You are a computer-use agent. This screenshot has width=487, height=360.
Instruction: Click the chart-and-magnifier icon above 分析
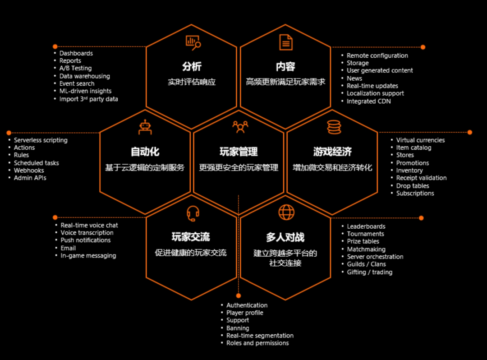click(193, 42)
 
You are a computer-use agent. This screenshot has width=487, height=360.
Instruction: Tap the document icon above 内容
click(285, 42)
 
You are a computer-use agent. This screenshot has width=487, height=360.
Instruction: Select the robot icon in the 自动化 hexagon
click(145, 128)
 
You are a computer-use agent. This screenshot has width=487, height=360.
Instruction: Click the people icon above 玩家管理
click(240, 127)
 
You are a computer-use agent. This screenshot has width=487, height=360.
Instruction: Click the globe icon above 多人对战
click(286, 212)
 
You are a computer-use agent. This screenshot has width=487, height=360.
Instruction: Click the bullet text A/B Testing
click(75, 68)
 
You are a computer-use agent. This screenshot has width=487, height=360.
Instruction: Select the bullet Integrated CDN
click(368, 102)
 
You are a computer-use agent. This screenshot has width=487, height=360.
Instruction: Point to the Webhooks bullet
click(29, 171)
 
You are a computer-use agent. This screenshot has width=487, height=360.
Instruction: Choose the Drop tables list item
click(413, 186)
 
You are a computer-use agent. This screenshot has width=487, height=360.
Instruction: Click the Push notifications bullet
click(86, 240)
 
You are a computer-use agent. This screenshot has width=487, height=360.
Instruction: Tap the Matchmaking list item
click(366, 249)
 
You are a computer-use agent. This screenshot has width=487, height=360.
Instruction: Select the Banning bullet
click(238, 328)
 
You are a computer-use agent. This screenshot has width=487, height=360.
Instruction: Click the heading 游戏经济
click(333, 152)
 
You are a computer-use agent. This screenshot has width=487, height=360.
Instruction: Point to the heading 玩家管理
click(239, 152)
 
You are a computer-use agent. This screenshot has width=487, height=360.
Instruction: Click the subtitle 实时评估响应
click(192, 82)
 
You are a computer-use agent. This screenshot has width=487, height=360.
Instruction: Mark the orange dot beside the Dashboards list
click(55, 46)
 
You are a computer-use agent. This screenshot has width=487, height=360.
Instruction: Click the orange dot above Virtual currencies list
click(469, 132)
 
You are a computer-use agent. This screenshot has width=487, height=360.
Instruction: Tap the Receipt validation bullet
click(421, 178)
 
